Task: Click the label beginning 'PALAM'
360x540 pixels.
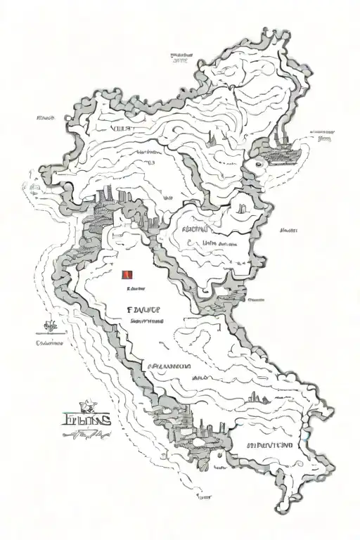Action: [x=169, y=367]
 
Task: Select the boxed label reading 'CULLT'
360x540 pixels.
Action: [x=122, y=130]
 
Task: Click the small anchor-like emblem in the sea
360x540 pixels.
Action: [x=49, y=326]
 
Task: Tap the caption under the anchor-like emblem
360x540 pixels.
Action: [x=50, y=344]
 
